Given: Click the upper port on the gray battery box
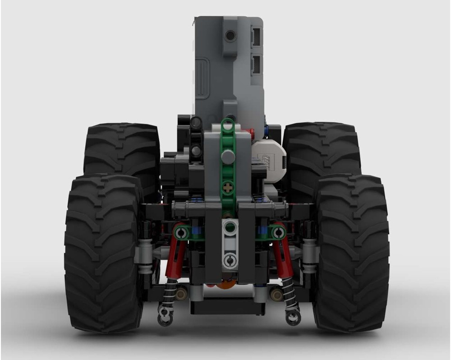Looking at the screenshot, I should pos(256,37).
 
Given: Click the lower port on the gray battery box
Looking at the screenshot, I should pos(256,65).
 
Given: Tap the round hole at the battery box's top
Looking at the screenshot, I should pos(230,36).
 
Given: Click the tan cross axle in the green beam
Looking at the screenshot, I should pos(229,187).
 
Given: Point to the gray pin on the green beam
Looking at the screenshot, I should pos(229,157).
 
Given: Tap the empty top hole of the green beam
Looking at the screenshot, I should pos(229,126).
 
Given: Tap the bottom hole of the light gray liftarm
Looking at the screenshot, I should pos(230,260).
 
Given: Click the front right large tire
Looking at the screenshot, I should pos(352,253).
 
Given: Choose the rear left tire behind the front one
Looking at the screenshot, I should pos(122,149).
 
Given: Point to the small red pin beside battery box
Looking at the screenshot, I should pos(252,132).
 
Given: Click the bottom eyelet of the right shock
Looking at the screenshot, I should pos(293,318).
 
